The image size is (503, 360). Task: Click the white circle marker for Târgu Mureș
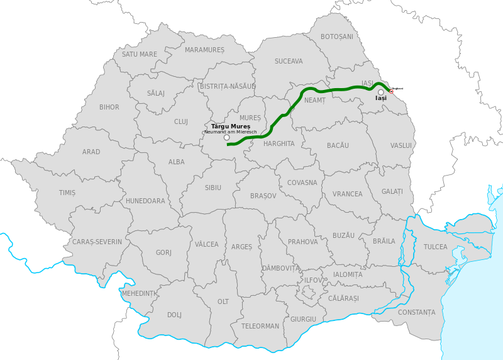pyautogui.click(x=227, y=138)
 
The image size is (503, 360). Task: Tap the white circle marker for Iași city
pyautogui.click(x=381, y=93)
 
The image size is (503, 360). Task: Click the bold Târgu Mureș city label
pyautogui.click(x=231, y=127)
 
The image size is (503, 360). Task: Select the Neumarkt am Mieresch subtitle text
pyautogui.click(x=230, y=132)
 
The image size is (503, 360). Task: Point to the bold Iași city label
pyautogui.click(x=381, y=99)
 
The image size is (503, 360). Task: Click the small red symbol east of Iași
pyautogui.click(x=392, y=91)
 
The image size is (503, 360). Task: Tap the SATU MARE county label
pyautogui.click(x=140, y=55)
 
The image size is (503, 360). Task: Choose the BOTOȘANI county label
pyautogui.click(x=337, y=37)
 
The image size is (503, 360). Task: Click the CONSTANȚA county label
pyautogui.click(x=416, y=312)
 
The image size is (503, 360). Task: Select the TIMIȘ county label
pyautogui.click(x=67, y=193)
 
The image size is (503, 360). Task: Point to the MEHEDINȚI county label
pyautogui.click(x=139, y=294)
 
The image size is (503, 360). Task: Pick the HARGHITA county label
pyautogui.click(x=279, y=143)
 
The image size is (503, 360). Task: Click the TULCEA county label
pyautogui.click(x=436, y=247)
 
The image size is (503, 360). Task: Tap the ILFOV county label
pyautogui.click(x=312, y=280)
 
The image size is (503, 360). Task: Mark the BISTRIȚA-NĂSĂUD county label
pyautogui.click(x=228, y=86)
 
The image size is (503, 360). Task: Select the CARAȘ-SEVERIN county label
pyautogui.click(x=97, y=242)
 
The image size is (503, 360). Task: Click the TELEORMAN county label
pyautogui.click(x=260, y=326)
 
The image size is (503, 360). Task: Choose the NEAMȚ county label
pyautogui.click(x=315, y=101)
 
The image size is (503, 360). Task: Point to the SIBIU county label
pyautogui.click(x=213, y=188)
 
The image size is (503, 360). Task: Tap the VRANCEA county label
pyautogui.click(x=348, y=194)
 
